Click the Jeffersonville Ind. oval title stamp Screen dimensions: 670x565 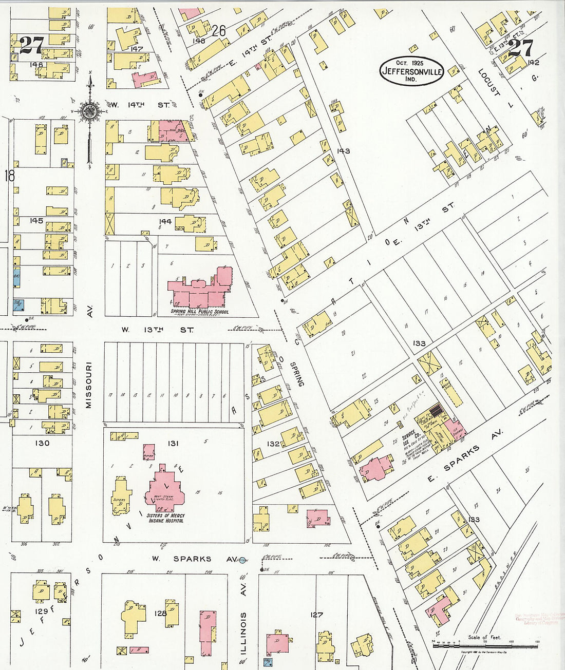coord(411,71)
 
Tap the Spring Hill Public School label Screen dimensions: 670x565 coord(200,312)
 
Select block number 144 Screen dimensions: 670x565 coord(165,221)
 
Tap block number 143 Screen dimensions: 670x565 coord(343,151)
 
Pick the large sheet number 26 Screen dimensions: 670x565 coord(219,31)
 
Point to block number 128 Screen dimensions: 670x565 coord(161,613)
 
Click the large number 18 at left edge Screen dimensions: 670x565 coord(9,176)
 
